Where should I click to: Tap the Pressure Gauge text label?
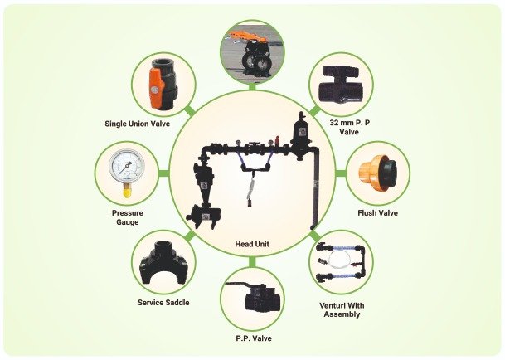pyautogui.click(x=128, y=217)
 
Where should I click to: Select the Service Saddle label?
pyautogui.click(x=163, y=302)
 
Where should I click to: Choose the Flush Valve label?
pyautogui.click(x=377, y=213)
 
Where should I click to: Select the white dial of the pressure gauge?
pyautogui.click(x=127, y=166)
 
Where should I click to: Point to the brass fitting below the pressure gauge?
pyautogui.click(x=127, y=192)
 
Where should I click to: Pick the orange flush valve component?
pyautogui.click(x=371, y=173)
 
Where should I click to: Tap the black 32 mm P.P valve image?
pyautogui.click(x=342, y=83)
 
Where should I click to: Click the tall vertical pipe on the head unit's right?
pyautogui.click(x=313, y=191)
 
